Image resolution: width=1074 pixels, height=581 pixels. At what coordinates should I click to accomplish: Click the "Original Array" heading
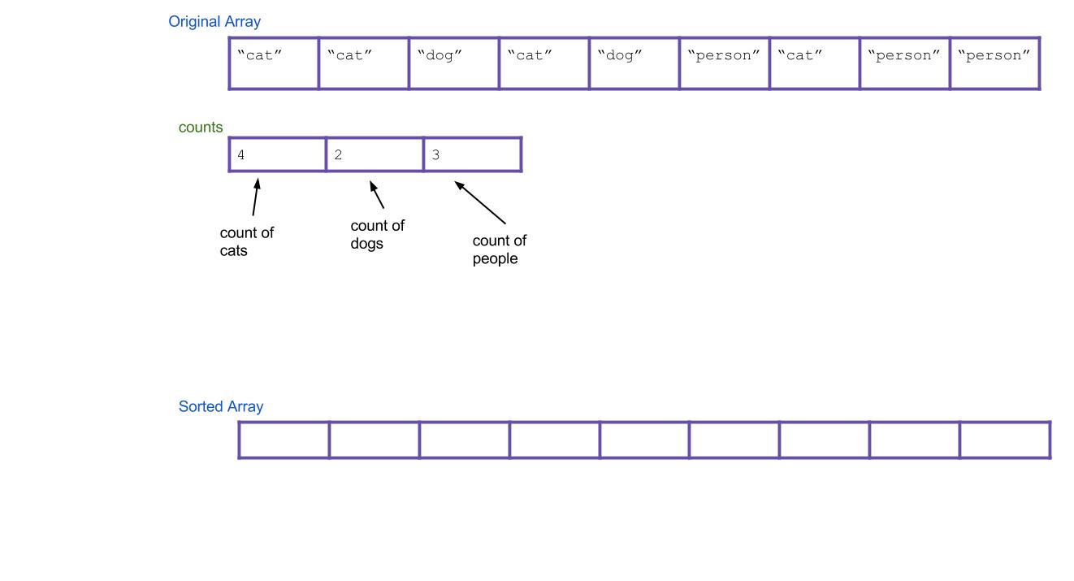214,22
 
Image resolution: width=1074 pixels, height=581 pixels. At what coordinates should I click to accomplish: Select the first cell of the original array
274,63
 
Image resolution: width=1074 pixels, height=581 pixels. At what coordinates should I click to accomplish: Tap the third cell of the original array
454,63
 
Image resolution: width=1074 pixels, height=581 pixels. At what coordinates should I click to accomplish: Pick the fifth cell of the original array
634,63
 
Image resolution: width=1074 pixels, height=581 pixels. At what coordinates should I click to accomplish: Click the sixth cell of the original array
725,63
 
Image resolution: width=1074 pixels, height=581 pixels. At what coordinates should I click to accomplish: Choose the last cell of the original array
994,63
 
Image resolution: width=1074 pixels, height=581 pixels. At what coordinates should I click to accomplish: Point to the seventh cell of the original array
815,63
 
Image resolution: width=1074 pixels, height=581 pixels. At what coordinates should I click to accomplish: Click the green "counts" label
201,128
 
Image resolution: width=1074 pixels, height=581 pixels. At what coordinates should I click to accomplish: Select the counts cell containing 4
278,154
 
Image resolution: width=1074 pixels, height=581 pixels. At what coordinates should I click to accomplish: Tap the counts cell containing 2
375,154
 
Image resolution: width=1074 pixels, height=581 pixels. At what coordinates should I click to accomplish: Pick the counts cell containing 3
472,154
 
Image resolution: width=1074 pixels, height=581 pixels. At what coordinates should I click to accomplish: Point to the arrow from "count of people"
480,202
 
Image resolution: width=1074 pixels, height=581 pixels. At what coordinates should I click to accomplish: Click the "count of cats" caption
246,242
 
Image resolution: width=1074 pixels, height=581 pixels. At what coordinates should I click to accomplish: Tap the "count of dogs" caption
377,234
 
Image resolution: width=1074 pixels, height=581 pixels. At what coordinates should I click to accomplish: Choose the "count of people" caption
499,250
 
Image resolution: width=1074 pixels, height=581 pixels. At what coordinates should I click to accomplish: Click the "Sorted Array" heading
221,406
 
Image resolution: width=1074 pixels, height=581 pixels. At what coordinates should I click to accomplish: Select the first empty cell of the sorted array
284,440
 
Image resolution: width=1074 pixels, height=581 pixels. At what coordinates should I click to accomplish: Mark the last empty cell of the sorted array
1005,440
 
